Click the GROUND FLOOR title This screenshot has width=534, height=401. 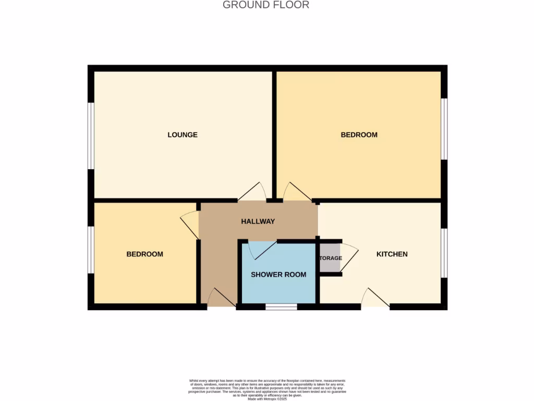266,5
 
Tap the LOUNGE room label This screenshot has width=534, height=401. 183,135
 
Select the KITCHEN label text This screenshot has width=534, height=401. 392,254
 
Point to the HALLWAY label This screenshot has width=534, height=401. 258,221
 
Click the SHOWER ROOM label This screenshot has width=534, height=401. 278,275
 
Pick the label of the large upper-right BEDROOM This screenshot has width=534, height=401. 359,135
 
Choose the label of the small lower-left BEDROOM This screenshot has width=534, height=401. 144,254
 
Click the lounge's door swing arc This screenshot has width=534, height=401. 253,191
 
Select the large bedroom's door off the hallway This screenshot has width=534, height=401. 296,191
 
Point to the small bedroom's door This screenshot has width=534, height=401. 189,226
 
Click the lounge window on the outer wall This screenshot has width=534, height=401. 91,136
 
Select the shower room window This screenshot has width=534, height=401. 281,307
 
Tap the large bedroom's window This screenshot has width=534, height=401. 444,128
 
